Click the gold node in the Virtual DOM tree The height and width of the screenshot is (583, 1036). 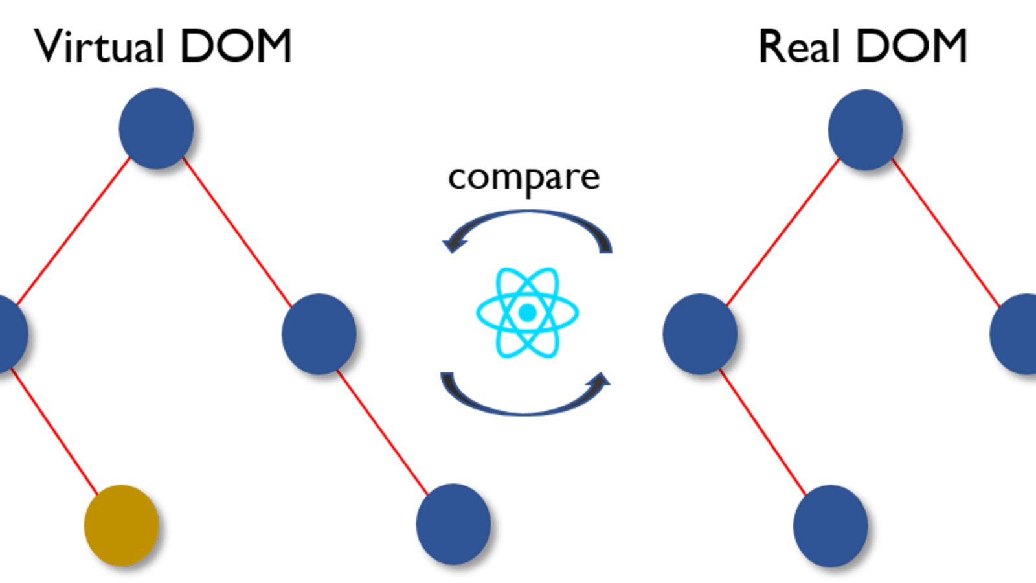coord(121,525)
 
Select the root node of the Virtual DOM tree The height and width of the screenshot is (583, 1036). coord(155,128)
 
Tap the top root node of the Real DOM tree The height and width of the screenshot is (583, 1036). coord(865,130)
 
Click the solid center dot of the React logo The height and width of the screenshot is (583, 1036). coord(527,313)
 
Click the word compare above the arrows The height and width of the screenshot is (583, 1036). coord(524,177)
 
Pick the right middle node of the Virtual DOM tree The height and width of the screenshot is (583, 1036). coord(319,333)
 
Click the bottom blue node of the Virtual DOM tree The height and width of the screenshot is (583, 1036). coord(453,523)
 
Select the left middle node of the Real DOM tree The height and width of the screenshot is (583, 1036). coord(699,333)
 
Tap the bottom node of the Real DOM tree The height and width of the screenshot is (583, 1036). coord(830,525)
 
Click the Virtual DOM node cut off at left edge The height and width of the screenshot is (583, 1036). coord(10,333)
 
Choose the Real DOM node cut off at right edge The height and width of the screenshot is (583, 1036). coord(1017,333)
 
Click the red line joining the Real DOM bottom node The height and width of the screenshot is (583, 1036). coord(764,431)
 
